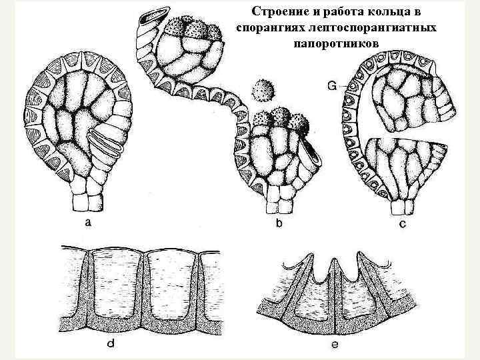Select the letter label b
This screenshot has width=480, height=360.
point(278,225)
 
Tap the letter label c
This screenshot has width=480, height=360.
point(402,225)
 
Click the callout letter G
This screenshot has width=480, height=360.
point(332,85)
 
